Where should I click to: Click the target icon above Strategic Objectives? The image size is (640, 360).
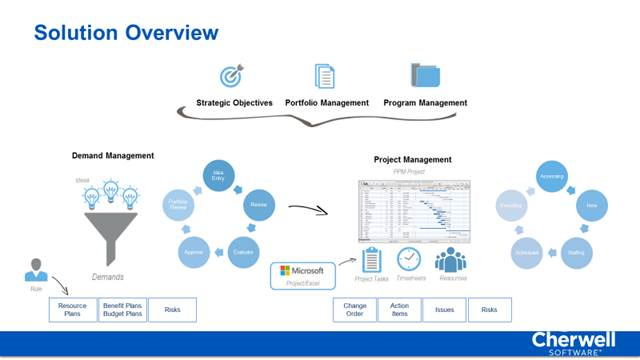[233, 76]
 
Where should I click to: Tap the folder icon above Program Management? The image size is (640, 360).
[425, 76]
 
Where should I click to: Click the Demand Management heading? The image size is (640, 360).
[112, 156]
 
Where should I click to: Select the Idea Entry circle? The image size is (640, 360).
[216, 177]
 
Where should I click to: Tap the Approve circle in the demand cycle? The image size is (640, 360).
[194, 253]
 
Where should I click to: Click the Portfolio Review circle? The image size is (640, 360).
[177, 205]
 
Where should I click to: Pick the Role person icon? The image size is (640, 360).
[35, 271]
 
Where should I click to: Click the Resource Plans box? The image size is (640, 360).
[72, 310]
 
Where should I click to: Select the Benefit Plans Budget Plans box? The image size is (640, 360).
[122, 310]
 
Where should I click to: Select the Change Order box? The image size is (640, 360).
[355, 310]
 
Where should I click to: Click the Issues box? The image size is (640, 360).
[444, 310]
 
